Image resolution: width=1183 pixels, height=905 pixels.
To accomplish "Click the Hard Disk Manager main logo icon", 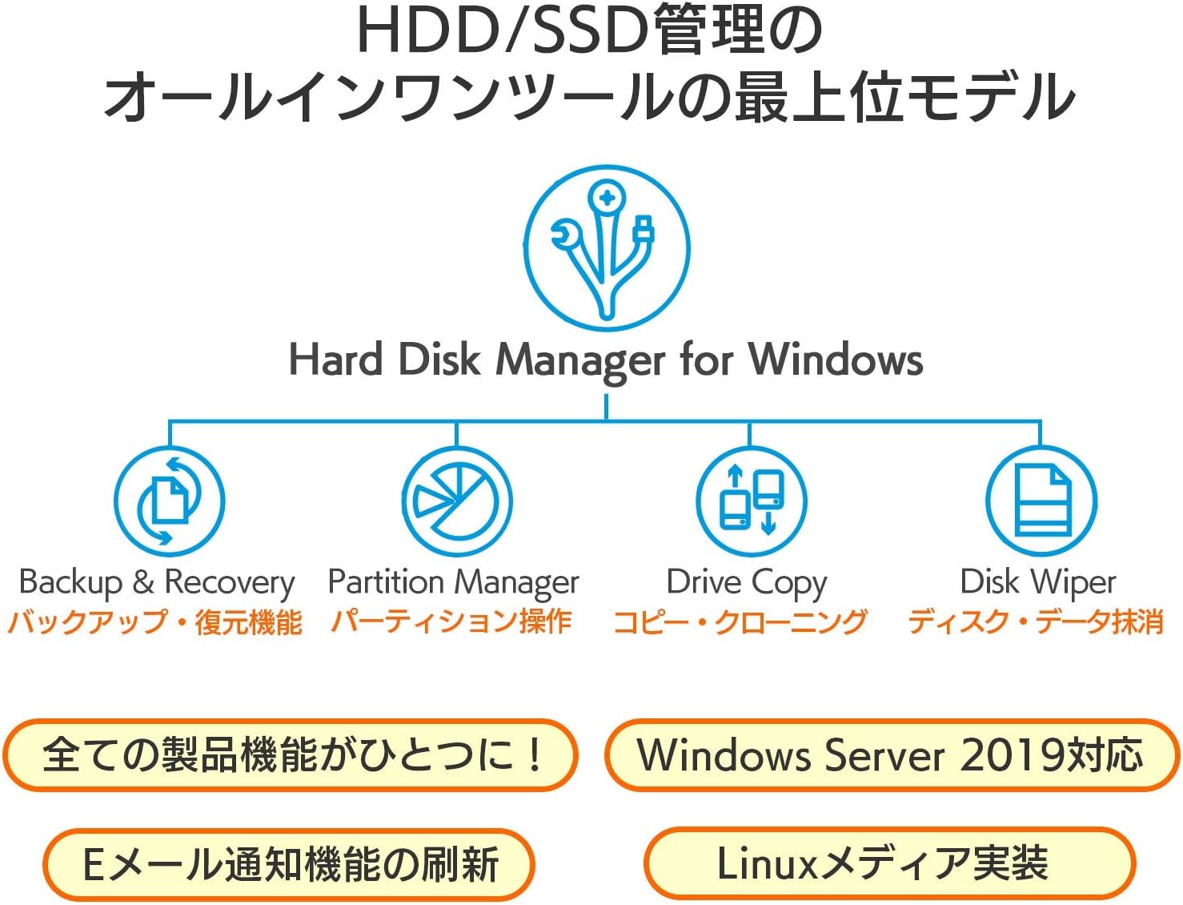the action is point(606,247).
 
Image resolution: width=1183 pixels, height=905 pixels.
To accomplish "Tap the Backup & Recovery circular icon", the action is point(169,501).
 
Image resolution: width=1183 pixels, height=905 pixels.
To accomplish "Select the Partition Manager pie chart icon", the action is point(456,501).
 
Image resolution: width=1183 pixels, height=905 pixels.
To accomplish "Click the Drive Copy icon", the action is point(750,501).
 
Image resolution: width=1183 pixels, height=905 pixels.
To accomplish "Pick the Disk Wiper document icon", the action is point(1041,501).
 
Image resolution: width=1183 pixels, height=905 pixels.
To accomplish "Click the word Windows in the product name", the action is point(836,360).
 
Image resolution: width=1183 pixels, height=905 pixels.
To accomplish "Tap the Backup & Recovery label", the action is point(157,583).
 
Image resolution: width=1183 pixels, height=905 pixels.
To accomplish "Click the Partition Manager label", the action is point(453,583).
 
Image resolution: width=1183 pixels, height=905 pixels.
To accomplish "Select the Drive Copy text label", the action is point(746,583).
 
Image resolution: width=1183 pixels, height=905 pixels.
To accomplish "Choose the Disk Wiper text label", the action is point(1037,583).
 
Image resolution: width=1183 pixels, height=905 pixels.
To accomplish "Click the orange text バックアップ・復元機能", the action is point(155,622).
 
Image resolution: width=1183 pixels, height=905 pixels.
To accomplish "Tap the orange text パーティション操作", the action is point(451,621).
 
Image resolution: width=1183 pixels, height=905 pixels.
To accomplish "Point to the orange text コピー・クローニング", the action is point(740,622).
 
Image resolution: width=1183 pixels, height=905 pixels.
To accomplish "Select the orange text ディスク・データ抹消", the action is point(1035,622).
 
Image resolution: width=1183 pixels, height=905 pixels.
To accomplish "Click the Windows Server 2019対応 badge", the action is point(891,755).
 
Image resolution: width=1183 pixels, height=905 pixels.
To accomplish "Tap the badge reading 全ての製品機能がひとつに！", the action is point(291,755).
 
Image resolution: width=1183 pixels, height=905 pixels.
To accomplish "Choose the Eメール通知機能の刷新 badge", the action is point(289,864).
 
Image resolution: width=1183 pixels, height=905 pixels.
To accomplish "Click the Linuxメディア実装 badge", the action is point(889,863).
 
